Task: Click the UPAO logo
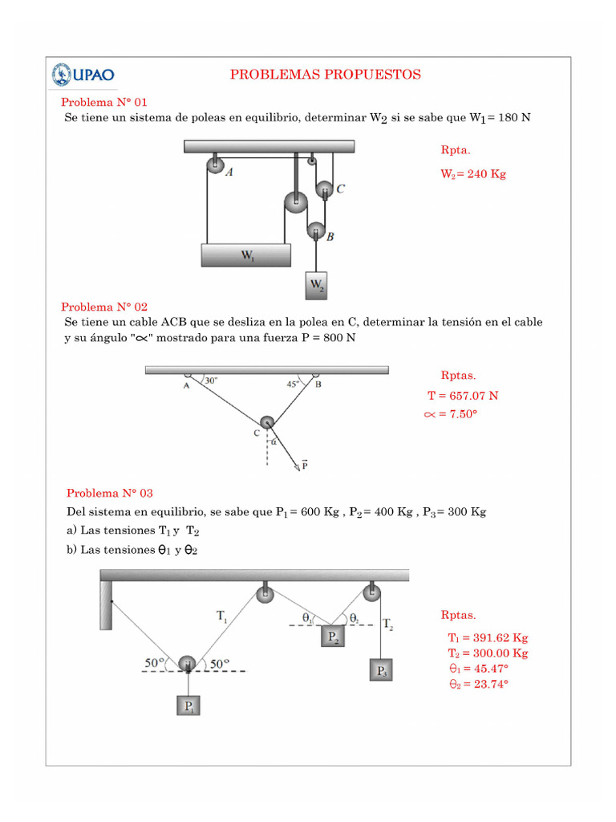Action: pyautogui.click(x=83, y=75)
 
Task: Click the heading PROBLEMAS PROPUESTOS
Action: pyautogui.click(x=325, y=75)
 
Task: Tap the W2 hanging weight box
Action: pyautogui.click(x=318, y=285)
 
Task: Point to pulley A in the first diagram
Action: pyautogui.click(x=215, y=165)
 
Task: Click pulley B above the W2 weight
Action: pyautogui.click(x=316, y=231)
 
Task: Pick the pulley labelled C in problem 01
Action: pyautogui.click(x=323, y=190)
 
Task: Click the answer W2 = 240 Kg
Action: pyautogui.click(x=473, y=173)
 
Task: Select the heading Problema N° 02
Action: pyautogui.click(x=104, y=307)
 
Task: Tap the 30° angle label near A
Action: pyautogui.click(x=211, y=381)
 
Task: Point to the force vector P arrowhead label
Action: pyautogui.click(x=304, y=464)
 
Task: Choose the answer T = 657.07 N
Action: pyautogui.click(x=463, y=396)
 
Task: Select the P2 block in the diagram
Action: pyautogui.click(x=333, y=637)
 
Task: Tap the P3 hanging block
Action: pyautogui.click(x=381, y=670)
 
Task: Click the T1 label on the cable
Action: pyautogui.click(x=222, y=616)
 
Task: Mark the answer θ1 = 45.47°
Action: pyautogui.click(x=479, y=668)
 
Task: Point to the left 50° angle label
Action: pyautogui.click(x=155, y=663)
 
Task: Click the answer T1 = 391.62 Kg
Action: pyautogui.click(x=488, y=637)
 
